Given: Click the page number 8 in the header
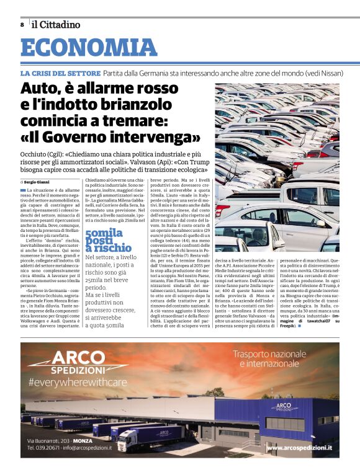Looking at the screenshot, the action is click(x=22, y=25).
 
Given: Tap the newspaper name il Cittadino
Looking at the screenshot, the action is click(x=56, y=25).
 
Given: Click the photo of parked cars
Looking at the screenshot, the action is click(x=286, y=167).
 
